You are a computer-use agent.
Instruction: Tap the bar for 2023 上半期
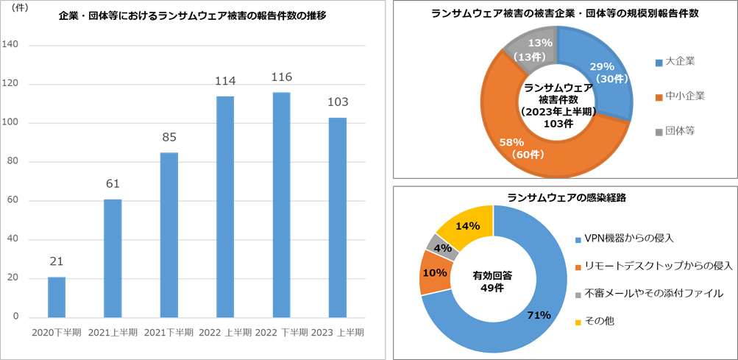click(x=337, y=217)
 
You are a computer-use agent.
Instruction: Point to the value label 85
click(x=168, y=137)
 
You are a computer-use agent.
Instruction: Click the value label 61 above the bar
click(x=113, y=183)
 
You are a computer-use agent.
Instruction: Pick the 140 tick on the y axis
click(x=12, y=46)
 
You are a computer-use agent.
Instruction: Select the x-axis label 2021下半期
click(x=168, y=333)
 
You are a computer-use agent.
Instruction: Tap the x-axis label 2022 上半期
click(x=225, y=333)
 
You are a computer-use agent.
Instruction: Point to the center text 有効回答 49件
click(x=492, y=280)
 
